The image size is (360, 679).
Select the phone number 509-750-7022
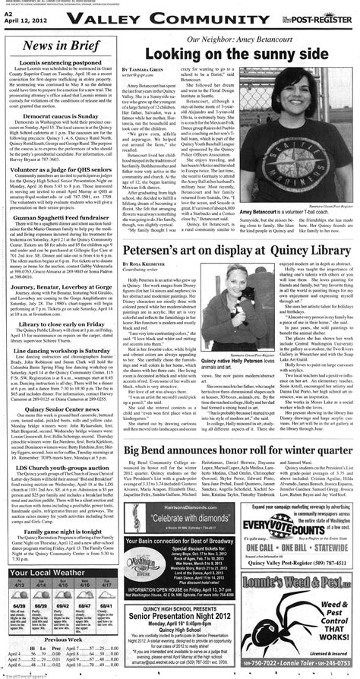274,668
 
